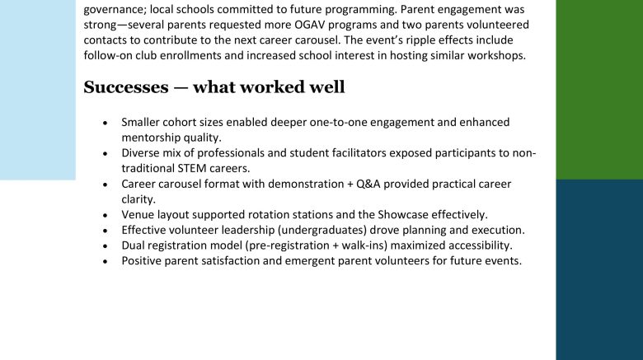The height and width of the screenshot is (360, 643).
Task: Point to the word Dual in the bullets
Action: coord(134,245)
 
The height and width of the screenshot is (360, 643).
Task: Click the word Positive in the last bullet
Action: coord(143,261)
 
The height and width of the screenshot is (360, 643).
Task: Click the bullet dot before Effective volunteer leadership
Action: coord(105,231)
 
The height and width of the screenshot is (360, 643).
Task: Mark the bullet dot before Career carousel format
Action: coord(105,185)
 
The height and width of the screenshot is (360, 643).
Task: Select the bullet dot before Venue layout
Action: coord(105,215)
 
